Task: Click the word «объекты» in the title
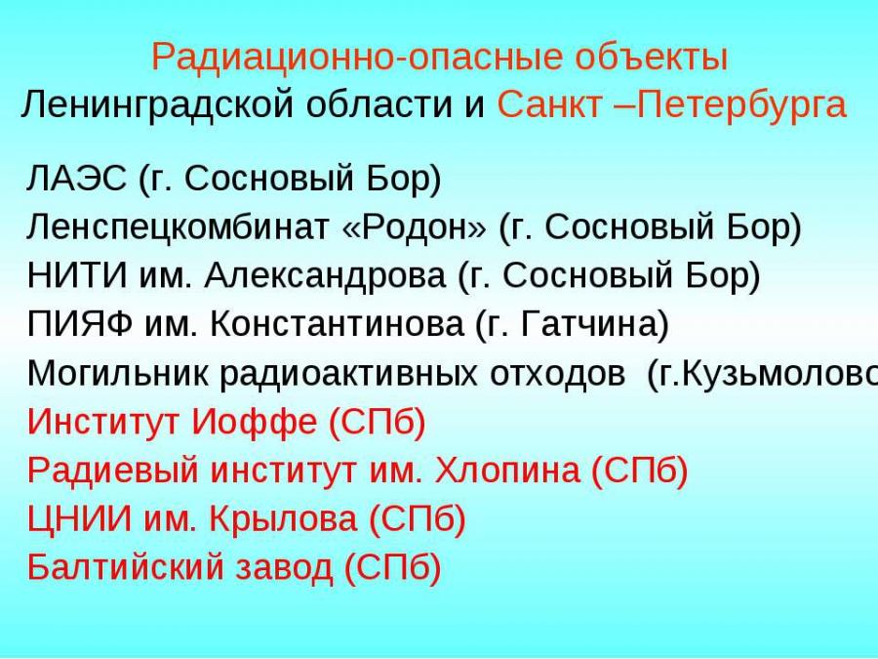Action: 652,57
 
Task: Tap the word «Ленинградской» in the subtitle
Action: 157,105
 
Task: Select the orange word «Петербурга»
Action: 742,105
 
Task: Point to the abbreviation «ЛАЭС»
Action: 77,179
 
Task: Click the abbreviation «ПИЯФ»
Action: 80,324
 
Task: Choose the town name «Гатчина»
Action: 588,324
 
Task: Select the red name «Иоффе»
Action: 255,422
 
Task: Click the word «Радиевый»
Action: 112,471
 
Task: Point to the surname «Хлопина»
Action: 507,471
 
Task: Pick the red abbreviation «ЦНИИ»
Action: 79,519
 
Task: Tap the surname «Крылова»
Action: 283,519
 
